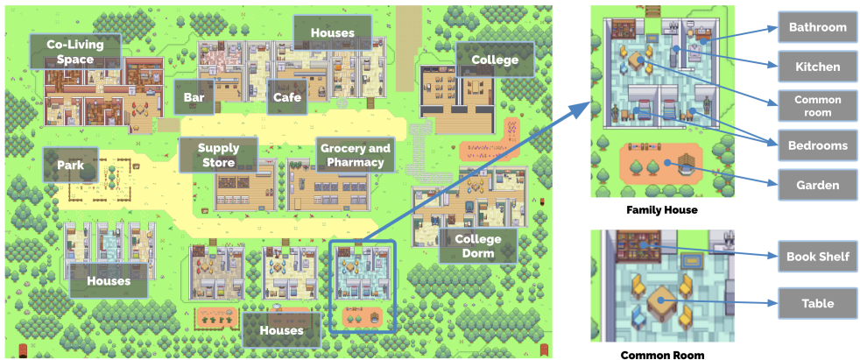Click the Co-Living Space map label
click(x=74, y=52)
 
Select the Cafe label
click(x=286, y=97)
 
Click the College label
click(x=495, y=60)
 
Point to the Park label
click(x=71, y=165)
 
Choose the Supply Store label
click(x=218, y=155)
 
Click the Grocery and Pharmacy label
click(x=355, y=155)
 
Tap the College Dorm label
click(x=477, y=246)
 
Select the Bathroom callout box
click(x=817, y=27)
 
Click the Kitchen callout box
click(x=817, y=67)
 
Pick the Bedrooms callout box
click(x=817, y=145)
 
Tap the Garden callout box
click(x=817, y=185)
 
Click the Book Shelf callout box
click(x=817, y=258)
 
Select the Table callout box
click(x=817, y=304)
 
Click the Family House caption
click(x=661, y=211)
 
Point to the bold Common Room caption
click(x=662, y=355)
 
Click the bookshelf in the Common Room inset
click(x=638, y=244)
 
